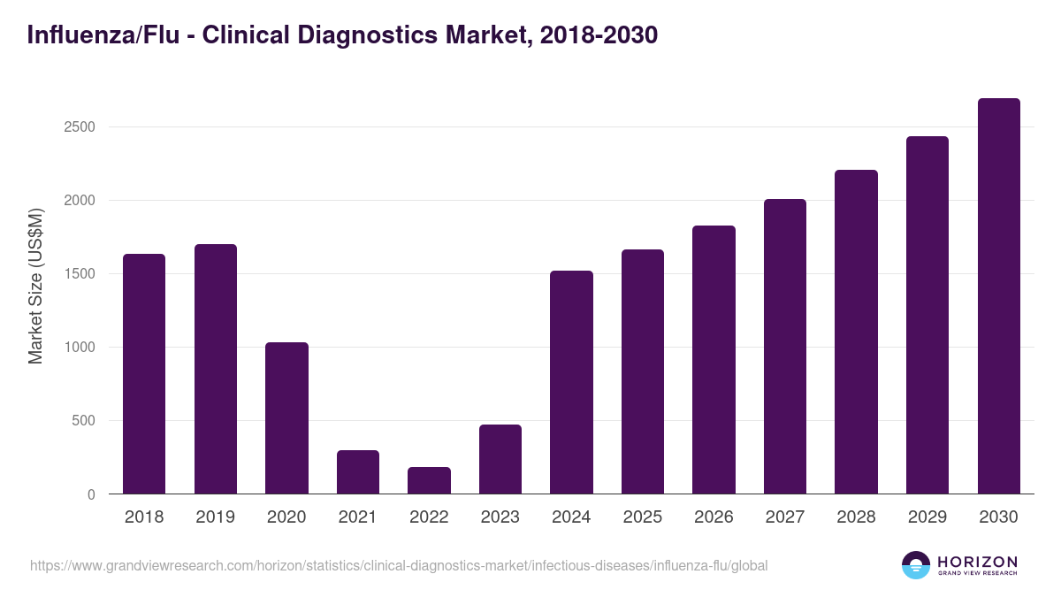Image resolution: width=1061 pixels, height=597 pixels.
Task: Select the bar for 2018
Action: (x=144, y=374)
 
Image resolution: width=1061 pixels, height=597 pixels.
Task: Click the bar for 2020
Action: (x=286, y=418)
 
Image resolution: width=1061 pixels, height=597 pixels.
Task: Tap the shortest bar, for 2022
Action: (x=429, y=480)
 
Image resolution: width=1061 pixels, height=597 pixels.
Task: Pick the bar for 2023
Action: (x=500, y=459)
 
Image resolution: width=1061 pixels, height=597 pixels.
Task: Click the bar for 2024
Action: (x=571, y=382)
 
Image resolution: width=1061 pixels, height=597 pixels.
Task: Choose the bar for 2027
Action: (x=785, y=347)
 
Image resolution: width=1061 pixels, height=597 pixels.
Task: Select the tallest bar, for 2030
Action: (x=998, y=296)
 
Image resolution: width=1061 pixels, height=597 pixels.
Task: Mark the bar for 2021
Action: (x=358, y=472)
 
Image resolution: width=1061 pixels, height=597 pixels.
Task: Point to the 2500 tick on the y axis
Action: (x=80, y=127)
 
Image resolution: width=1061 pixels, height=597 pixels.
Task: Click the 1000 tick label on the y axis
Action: (x=80, y=348)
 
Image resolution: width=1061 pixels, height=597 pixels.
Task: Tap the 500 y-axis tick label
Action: (x=83, y=421)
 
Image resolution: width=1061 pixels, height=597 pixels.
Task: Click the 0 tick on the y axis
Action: (x=91, y=495)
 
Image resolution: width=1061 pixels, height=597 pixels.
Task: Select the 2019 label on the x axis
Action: (x=215, y=517)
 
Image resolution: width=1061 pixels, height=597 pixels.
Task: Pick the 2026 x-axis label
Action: (x=714, y=517)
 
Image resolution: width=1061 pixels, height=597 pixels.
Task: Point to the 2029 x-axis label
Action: (x=927, y=517)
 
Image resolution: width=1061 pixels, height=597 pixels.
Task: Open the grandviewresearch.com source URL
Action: (x=399, y=565)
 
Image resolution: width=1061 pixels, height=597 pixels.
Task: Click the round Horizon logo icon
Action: (x=915, y=565)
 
